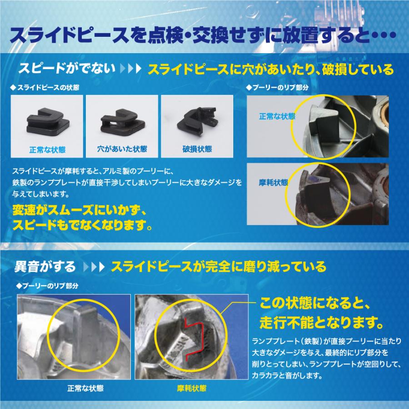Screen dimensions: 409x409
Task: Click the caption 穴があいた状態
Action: (x=122, y=149)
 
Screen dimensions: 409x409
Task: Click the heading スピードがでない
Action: (x=66, y=70)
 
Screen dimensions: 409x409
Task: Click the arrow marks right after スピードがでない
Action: (x=131, y=70)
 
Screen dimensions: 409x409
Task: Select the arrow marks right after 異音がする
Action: (x=95, y=266)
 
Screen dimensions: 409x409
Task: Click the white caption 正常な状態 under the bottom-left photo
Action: (x=85, y=389)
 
